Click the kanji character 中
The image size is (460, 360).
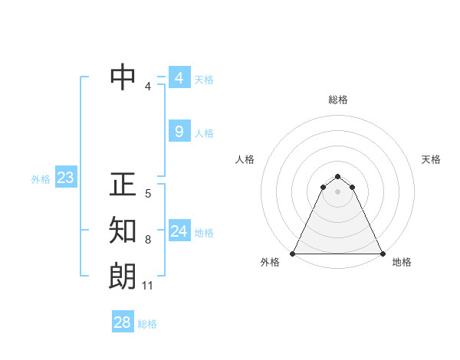(x=123, y=77)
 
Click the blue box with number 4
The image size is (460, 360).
(x=179, y=78)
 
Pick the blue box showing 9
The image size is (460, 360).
(x=179, y=132)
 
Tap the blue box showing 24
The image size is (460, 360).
(x=179, y=231)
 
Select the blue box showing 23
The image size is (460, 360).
(x=65, y=178)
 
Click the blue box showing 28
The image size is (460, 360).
(x=123, y=322)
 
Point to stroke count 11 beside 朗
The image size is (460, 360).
(x=148, y=286)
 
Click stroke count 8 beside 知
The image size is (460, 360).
(x=148, y=240)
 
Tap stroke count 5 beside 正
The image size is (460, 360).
(x=148, y=194)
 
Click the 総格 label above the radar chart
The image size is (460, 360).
(x=338, y=100)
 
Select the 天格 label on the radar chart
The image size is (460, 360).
(x=431, y=159)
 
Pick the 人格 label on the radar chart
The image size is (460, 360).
(x=245, y=159)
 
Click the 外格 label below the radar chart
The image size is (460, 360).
(x=270, y=262)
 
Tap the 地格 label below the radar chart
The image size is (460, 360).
(x=402, y=262)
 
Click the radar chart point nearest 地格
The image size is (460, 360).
(x=383, y=254)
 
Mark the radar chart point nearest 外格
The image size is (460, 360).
(x=293, y=254)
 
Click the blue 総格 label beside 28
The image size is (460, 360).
(x=147, y=323)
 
